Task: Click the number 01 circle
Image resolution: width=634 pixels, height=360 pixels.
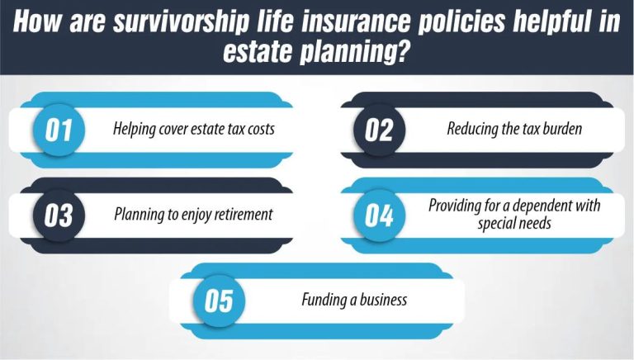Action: point(59,131)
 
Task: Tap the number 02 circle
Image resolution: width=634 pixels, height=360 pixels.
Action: point(379,131)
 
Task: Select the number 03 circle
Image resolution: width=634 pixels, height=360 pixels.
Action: point(59,216)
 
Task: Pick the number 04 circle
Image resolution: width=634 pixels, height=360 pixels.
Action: point(379,216)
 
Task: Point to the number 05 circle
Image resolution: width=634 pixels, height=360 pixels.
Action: point(219,301)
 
